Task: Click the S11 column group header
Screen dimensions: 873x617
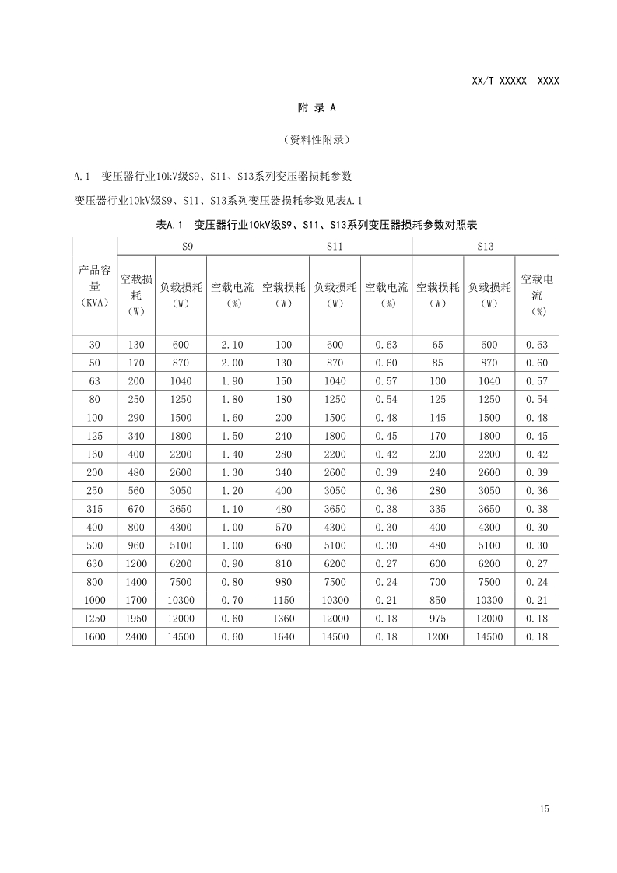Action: coord(335,247)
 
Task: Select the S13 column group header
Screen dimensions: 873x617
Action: coord(485,247)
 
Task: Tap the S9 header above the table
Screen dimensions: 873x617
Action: coord(187,247)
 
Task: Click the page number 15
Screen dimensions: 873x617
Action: coord(543,809)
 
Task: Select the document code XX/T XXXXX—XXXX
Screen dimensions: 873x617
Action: coord(515,81)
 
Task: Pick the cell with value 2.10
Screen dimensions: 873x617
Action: coord(232,345)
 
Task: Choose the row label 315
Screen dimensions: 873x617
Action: coord(94,509)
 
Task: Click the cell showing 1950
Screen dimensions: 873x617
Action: coord(136,619)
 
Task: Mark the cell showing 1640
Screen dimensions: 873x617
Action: coord(283,637)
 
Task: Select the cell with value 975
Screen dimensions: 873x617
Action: coord(437,619)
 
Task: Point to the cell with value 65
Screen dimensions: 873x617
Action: coord(437,345)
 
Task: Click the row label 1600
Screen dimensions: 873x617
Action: coord(94,637)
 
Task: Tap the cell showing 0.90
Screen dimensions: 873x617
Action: coord(232,564)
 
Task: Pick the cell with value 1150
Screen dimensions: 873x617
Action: coord(283,601)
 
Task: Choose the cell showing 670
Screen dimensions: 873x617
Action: coord(136,509)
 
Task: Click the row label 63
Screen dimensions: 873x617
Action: coord(94,381)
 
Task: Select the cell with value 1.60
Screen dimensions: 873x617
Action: coord(232,418)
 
